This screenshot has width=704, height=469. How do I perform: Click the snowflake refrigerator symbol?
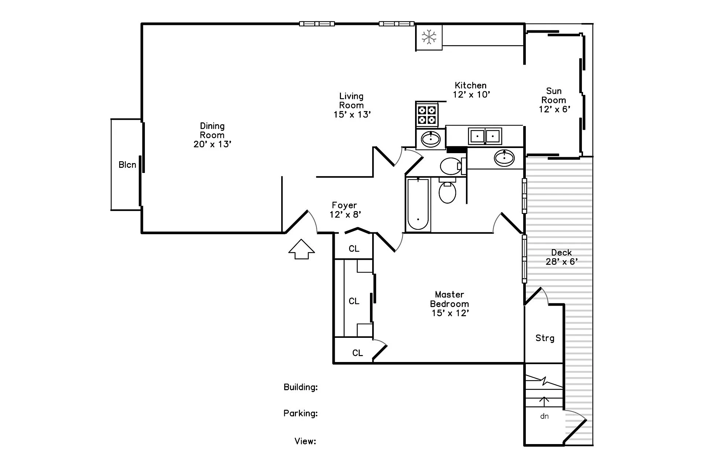click(x=429, y=37)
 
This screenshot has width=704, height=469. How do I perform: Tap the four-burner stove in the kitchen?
click(x=427, y=115)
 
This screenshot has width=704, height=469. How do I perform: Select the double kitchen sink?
click(x=485, y=136)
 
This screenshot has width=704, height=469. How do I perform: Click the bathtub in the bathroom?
click(x=418, y=204)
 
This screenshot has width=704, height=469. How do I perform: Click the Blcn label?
click(x=127, y=165)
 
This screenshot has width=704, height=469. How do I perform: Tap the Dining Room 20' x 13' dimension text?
click(x=212, y=144)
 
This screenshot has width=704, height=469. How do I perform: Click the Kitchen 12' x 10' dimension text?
click(x=471, y=95)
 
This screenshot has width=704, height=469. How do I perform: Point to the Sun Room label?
click(x=554, y=95)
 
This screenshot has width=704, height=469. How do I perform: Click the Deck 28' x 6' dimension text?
click(x=561, y=262)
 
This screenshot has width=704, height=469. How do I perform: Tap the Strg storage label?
click(x=544, y=338)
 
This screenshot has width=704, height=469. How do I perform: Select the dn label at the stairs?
click(x=544, y=416)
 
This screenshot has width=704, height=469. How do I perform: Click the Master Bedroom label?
click(x=449, y=299)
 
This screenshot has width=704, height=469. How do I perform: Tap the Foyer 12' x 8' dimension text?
click(x=345, y=215)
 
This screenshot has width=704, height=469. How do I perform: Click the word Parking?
click(x=300, y=413)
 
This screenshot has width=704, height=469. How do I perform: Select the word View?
click(x=305, y=441)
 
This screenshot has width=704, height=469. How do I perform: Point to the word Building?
click(x=300, y=387)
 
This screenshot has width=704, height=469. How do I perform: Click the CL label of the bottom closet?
click(x=357, y=353)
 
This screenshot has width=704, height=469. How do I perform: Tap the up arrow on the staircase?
click(x=544, y=401)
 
